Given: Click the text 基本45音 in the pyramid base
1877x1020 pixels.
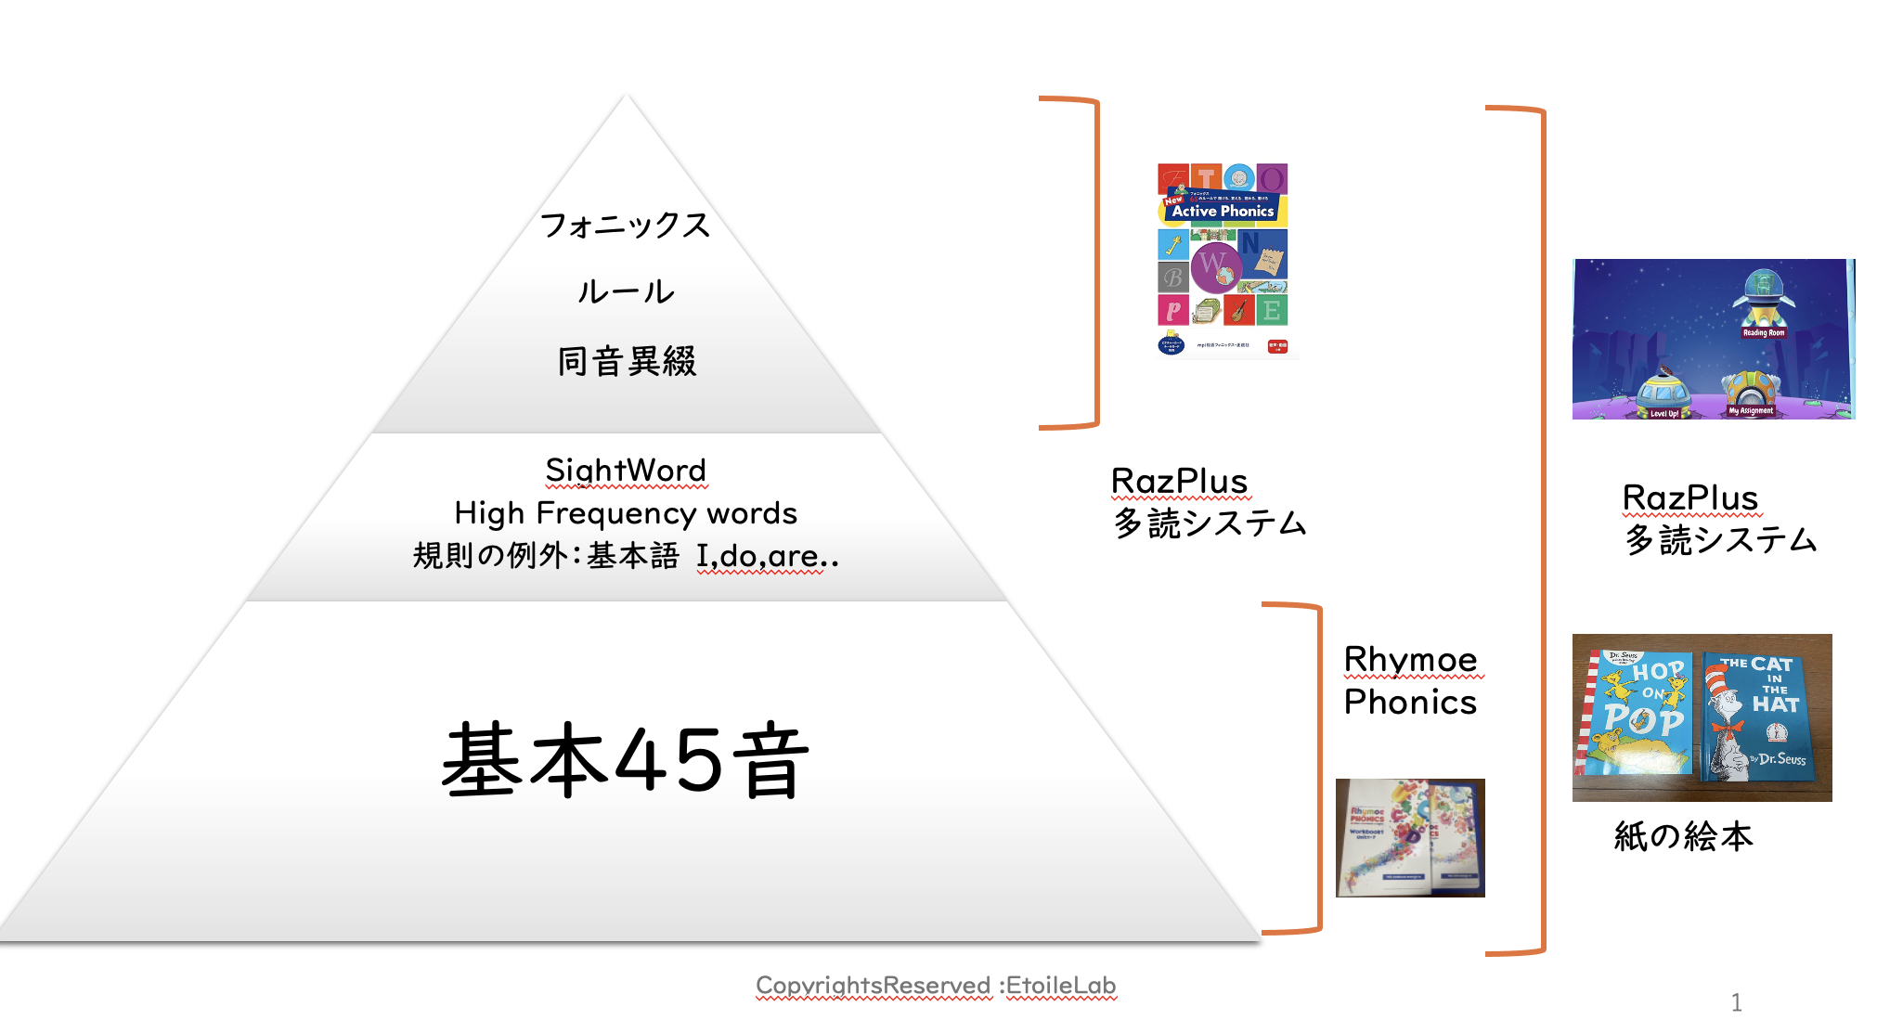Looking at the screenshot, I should [625, 761].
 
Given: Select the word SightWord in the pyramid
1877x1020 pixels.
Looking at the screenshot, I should [626, 471].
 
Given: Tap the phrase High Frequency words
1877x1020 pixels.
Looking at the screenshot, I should [626, 513].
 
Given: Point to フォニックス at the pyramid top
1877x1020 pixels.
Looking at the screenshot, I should [626, 226].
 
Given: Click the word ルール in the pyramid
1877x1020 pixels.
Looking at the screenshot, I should [626, 292].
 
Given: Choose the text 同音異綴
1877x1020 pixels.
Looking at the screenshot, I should [627, 361].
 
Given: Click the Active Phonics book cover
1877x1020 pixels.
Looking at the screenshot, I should [1223, 260].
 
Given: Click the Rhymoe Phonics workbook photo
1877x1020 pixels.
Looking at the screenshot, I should [1410, 838].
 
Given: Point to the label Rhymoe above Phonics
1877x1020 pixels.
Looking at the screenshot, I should [1410, 660].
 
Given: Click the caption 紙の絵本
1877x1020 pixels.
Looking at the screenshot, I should [1683, 836].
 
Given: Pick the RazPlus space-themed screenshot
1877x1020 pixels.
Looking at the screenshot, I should [1713, 340].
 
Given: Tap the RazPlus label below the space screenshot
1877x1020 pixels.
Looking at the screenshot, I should [1689, 498].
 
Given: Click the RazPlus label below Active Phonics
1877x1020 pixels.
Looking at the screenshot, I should [1179, 482].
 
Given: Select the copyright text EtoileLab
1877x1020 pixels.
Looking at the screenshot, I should [1060, 986].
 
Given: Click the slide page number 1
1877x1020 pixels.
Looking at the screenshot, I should [1736, 1002].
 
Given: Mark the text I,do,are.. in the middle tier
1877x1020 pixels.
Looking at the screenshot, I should [767, 556].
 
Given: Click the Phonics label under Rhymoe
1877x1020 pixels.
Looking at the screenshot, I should [1410, 703].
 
